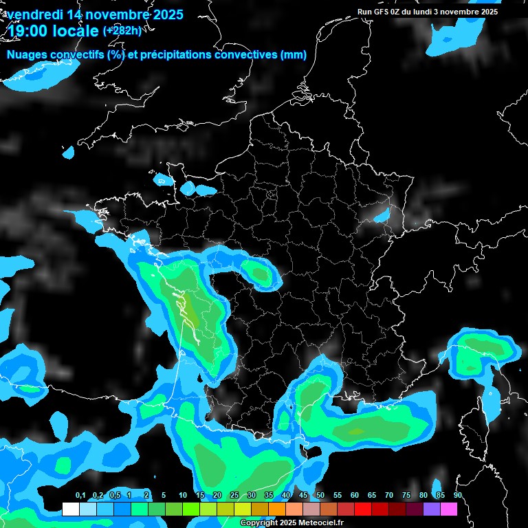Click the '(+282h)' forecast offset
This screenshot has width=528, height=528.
(x=122, y=30)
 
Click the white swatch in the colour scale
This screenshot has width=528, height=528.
(x=70, y=509)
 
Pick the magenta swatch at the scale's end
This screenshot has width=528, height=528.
(x=449, y=509)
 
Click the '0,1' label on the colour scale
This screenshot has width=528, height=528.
(x=80, y=496)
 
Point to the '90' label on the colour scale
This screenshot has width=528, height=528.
(x=458, y=496)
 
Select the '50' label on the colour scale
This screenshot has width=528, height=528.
(x=320, y=496)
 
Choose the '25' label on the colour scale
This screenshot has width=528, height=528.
(x=234, y=496)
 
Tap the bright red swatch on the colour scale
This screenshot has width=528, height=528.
(x=363, y=509)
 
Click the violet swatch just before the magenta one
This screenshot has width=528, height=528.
(x=432, y=509)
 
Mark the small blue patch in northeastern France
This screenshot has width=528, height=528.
(x=381, y=216)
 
